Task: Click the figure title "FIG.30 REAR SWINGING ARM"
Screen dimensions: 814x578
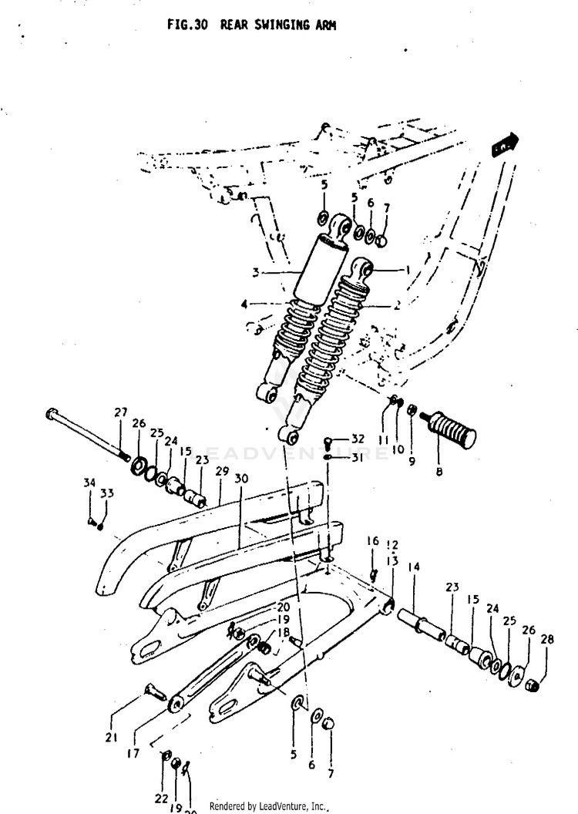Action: pyautogui.click(x=251, y=25)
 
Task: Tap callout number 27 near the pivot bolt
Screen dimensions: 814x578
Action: pyautogui.click(x=121, y=412)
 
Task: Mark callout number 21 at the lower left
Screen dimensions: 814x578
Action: pyautogui.click(x=112, y=738)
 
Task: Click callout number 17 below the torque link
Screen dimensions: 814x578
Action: pyautogui.click(x=133, y=753)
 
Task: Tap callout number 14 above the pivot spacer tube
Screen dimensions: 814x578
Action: pyautogui.click(x=414, y=567)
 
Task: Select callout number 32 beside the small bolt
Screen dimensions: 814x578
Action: pyautogui.click(x=358, y=439)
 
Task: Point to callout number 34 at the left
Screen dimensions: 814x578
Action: pyautogui.click(x=89, y=483)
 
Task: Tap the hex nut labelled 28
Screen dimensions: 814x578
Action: pyautogui.click(x=532, y=684)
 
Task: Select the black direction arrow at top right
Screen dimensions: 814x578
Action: pyautogui.click(x=506, y=144)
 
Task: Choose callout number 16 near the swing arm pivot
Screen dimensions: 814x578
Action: pyautogui.click(x=372, y=541)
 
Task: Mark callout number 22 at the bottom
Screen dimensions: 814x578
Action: pyautogui.click(x=160, y=798)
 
